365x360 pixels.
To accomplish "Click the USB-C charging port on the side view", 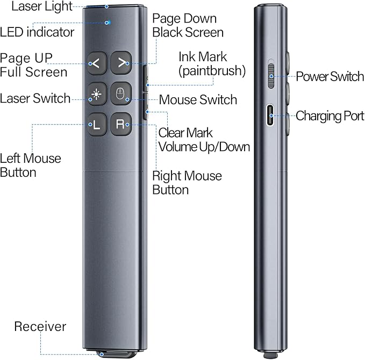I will pyautogui.click(x=272, y=116).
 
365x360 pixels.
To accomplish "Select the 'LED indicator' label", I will pyautogui.click(x=37, y=32).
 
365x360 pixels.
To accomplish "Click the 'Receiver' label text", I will pyautogui.click(x=40, y=326).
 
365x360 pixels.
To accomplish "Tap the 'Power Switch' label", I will pyautogui.click(x=330, y=76).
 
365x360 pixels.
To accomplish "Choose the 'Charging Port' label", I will pyautogui.click(x=330, y=116).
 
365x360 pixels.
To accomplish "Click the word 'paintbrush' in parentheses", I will pyautogui.click(x=213, y=70).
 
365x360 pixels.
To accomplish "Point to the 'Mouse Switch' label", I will pyautogui.click(x=198, y=99).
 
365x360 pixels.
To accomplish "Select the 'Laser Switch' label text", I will pyautogui.click(x=35, y=98).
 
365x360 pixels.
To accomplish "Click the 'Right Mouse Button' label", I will pyautogui.click(x=187, y=183).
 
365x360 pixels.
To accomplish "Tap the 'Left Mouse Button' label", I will pyautogui.click(x=31, y=165).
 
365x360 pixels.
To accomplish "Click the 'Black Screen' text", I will pyautogui.click(x=188, y=32).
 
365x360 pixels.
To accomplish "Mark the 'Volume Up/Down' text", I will pyautogui.click(x=204, y=146).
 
